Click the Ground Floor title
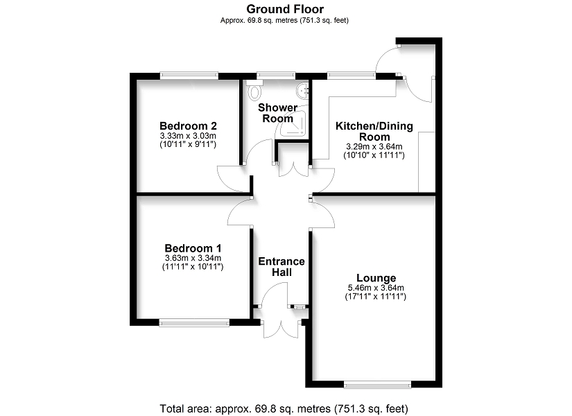coord(285,9)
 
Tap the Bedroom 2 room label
coord(188,126)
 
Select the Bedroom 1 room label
coord(193,248)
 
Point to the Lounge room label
coord(376,278)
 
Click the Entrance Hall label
coord(281,267)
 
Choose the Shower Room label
coord(277,113)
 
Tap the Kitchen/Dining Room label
coord(374,131)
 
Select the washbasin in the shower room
coord(303,91)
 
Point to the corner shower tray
coord(293,122)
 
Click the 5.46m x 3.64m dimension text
coord(376,288)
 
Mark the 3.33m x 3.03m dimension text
coord(188,136)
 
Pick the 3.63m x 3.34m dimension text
coord(193,258)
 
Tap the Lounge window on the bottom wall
coord(377,384)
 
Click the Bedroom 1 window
coord(194,322)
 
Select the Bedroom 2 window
coord(189,76)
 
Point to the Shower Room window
coord(276,76)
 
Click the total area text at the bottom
coord(284,408)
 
